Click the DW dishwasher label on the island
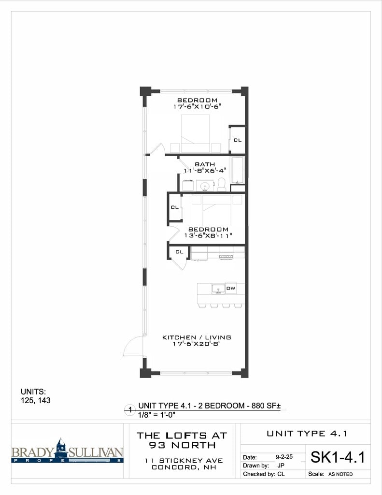pyautogui.click(x=231, y=289)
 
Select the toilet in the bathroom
pyautogui.click(x=222, y=184)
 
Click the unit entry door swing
pyautogui.click(x=133, y=346)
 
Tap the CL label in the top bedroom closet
pyautogui.click(x=237, y=140)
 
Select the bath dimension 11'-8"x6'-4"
pyautogui.click(x=205, y=171)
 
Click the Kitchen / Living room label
pyautogui.click(x=197, y=337)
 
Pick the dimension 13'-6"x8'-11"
pyautogui.click(x=208, y=235)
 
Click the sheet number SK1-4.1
pyautogui.click(x=337, y=457)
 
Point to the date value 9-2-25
pyautogui.click(x=284, y=456)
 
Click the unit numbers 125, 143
pyautogui.click(x=35, y=400)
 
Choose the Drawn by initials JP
pyautogui.click(x=281, y=466)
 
